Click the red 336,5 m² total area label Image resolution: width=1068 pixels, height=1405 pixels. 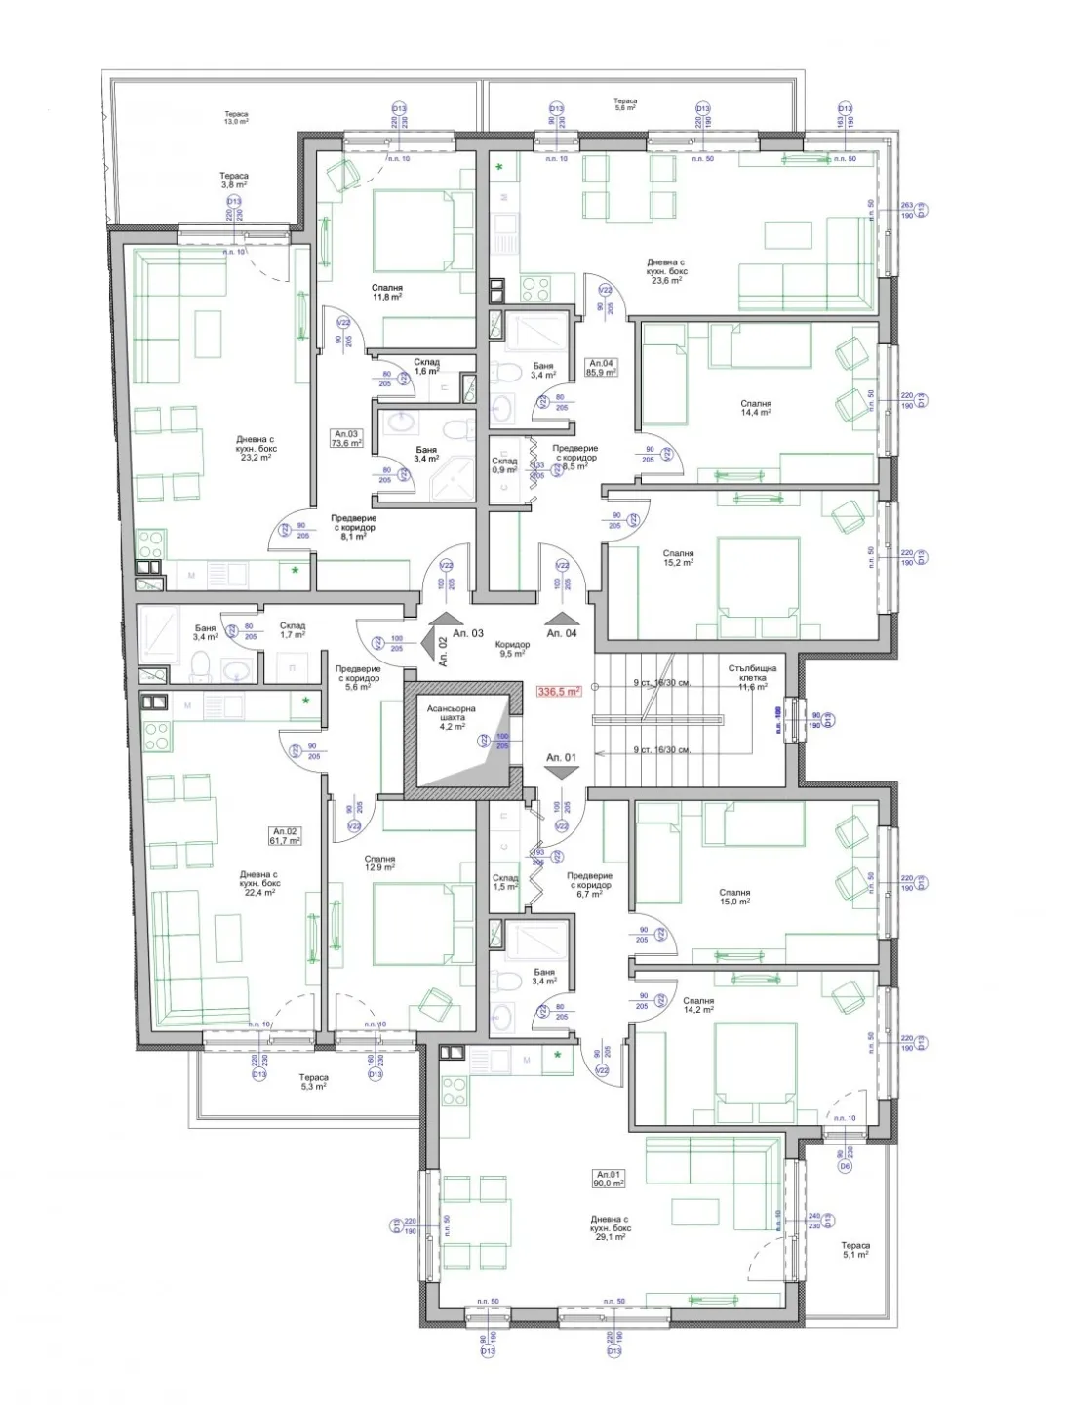[558, 691]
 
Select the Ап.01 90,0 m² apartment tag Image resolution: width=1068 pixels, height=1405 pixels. [610, 1179]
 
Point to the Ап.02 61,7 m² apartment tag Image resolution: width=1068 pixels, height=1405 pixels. [285, 836]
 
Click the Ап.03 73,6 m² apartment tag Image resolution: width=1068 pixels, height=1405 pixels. [347, 438]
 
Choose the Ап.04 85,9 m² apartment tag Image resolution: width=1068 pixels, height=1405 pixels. [600, 367]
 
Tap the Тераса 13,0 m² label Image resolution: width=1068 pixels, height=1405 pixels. [236, 119]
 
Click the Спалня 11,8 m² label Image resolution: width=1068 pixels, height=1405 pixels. [387, 293]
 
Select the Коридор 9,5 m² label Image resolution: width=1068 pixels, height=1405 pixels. [512, 650]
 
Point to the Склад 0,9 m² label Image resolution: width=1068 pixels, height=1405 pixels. [504, 465]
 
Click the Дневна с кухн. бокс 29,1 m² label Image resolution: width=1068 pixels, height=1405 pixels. [610, 1227]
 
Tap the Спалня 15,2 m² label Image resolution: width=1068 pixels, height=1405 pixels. [678, 558]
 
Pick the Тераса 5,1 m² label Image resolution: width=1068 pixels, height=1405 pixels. [855, 1250]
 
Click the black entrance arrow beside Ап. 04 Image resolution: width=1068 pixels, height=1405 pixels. [562, 617]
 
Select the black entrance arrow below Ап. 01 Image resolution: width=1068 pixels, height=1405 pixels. [562, 771]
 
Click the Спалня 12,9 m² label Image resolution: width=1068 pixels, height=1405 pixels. [379, 863]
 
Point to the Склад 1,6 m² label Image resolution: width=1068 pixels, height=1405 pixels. [426, 367]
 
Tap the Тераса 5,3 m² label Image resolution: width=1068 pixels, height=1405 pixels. [313, 1082]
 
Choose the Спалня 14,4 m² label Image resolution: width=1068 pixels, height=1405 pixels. [756, 408]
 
